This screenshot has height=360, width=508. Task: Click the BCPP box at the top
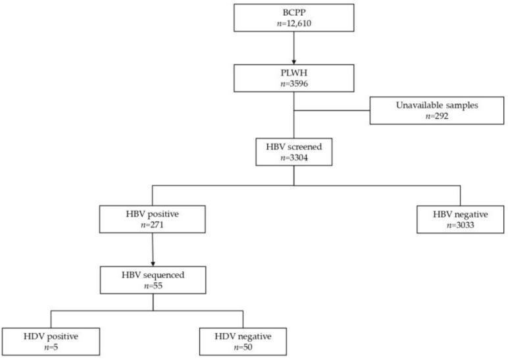pos(293,18)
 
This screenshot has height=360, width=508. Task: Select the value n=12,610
pos(293,24)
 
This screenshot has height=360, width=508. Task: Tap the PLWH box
pos(293,78)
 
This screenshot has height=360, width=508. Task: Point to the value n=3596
pos(293,84)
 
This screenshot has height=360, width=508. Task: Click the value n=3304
pos(293,159)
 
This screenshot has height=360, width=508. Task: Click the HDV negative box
pos(243,340)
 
